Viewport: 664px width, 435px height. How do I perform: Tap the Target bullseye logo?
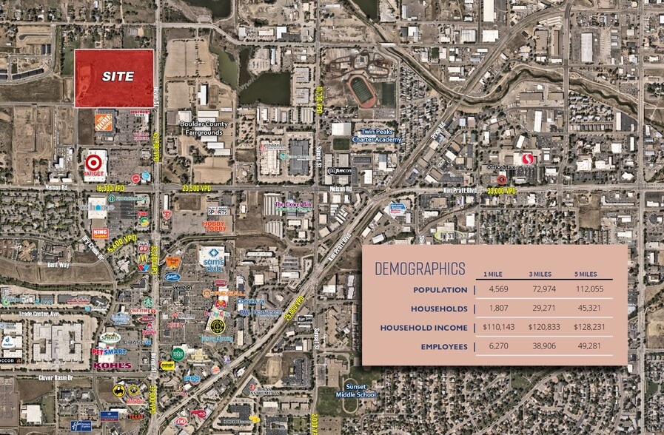(x=94, y=162)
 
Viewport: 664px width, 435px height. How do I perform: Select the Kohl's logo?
(x=113, y=365)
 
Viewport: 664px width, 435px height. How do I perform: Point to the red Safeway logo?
(x=527, y=159)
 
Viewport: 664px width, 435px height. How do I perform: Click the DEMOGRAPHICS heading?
(x=420, y=268)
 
